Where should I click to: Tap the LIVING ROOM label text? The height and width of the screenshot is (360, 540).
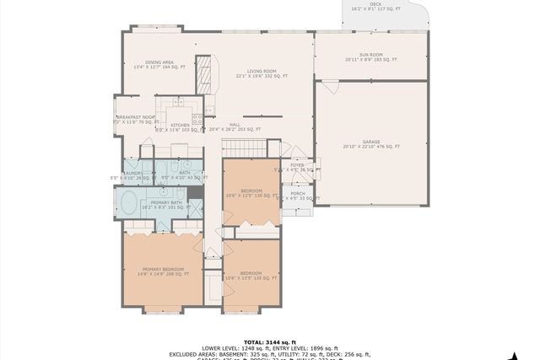click(262, 73)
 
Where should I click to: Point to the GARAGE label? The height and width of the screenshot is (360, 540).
click(370, 143)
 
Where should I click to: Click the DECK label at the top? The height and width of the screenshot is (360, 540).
click(375, 5)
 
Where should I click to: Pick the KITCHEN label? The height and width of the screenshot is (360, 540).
click(180, 125)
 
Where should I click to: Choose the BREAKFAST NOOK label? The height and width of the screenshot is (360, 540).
click(135, 117)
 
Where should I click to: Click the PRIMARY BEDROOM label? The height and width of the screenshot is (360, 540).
click(163, 270)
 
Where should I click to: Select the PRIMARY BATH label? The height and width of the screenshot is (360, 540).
click(166, 202)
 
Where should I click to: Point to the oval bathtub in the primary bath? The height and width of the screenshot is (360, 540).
click(130, 202)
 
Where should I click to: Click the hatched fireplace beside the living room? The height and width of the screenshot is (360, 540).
click(202, 75)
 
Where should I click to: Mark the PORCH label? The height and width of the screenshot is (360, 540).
click(297, 194)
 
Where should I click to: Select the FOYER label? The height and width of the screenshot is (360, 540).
click(297, 165)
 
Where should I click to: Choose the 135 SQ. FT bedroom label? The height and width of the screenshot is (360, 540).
click(251, 273)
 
